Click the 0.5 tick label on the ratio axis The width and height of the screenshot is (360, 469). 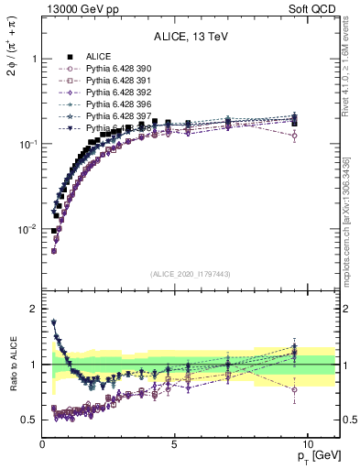pos(28,420)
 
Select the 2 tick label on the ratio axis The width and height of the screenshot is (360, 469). pos(33,309)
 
